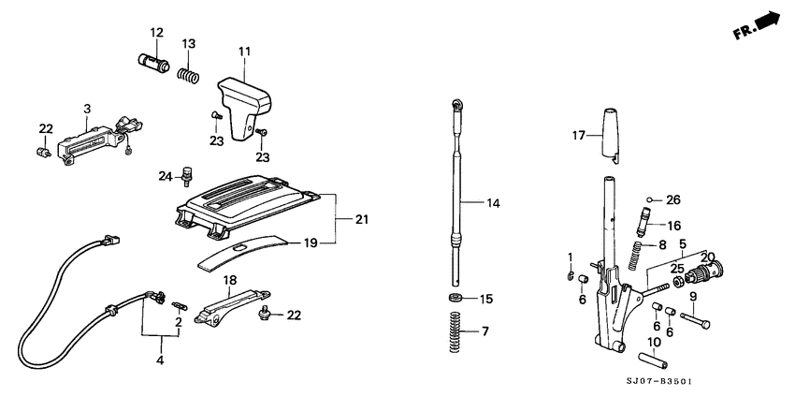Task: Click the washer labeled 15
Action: coord(456,299)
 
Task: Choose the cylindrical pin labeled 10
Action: coord(651,360)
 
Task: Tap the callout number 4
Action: coord(159,360)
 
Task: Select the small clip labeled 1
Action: coord(571,275)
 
